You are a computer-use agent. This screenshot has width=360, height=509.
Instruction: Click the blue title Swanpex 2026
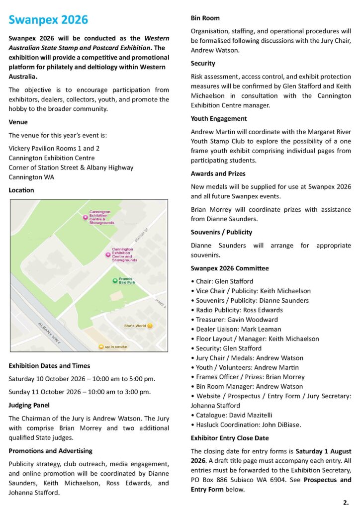48,20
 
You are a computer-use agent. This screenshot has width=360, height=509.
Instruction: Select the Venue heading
18,122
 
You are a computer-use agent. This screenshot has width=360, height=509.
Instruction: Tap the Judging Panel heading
29,405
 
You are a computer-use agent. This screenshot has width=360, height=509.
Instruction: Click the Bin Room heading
205,18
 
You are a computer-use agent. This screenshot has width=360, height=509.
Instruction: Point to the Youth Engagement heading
219,119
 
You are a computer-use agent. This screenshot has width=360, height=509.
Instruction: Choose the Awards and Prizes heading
218,174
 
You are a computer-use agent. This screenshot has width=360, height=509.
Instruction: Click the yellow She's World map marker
150,326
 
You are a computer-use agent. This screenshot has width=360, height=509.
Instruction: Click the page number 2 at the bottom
346,503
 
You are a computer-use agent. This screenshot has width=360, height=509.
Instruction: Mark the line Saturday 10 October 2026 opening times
82,379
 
